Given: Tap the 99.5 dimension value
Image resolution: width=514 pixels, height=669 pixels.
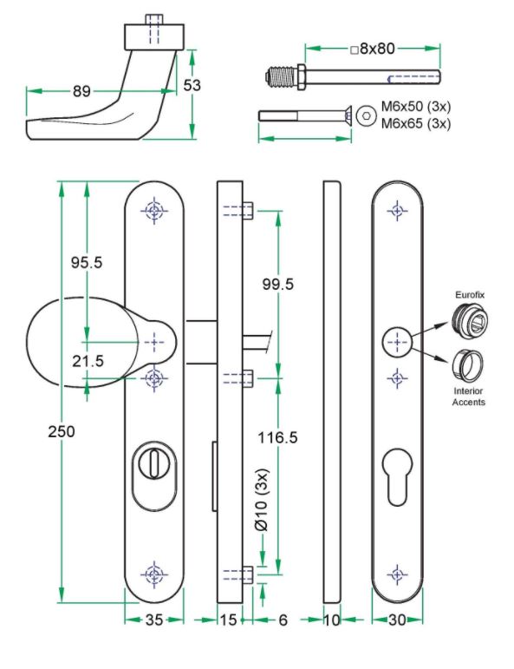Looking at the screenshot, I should pos(277,284).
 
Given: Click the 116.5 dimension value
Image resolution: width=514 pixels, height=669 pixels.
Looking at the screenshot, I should pos(277,438).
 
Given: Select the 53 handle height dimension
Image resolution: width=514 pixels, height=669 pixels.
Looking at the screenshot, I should pos(193,84).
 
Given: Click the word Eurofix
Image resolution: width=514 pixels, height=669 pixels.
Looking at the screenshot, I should pos(470,296).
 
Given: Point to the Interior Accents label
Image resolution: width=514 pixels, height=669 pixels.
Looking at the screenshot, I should pos(470,397).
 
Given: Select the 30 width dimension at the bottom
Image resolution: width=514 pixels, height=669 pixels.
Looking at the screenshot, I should pos(398,620).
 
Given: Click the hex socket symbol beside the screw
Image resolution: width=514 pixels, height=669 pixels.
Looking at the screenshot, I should pos(366,115).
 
